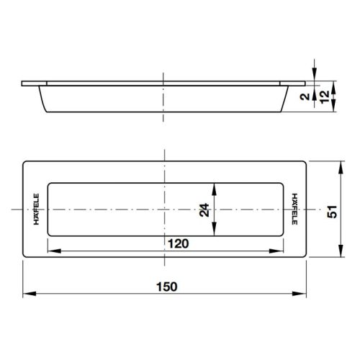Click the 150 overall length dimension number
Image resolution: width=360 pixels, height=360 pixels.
point(166,286)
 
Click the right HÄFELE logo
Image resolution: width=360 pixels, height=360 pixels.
point(295,209)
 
